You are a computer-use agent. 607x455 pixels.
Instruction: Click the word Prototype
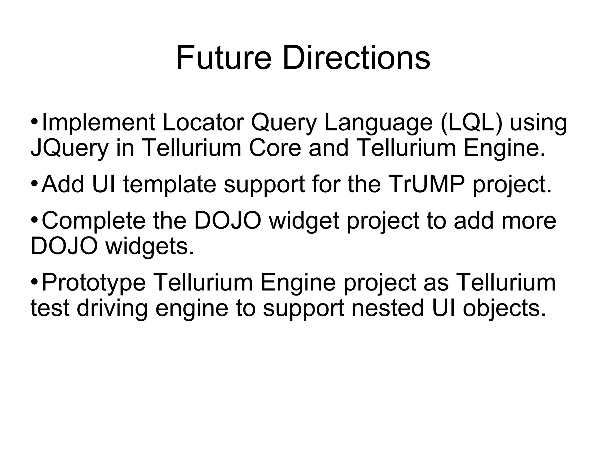point(94,283)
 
